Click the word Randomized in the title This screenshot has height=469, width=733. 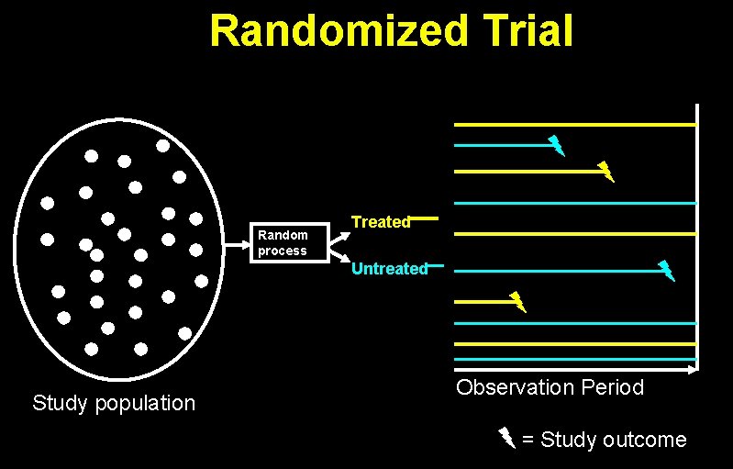click(x=338, y=30)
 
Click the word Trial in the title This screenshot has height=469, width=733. click(x=528, y=30)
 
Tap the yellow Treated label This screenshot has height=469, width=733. click(x=381, y=222)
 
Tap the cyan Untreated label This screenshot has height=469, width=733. click(x=389, y=269)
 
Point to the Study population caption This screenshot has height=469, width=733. click(x=114, y=402)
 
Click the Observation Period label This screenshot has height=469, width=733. click(x=550, y=387)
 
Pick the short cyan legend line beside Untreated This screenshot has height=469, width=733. click(x=436, y=267)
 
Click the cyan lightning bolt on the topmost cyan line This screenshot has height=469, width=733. click(x=556, y=145)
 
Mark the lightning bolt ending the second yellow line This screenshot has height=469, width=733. click(x=605, y=171)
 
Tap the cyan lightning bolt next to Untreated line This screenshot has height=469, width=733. click(x=667, y=270)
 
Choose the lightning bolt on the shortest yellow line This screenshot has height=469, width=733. click(x=518, y=301)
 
